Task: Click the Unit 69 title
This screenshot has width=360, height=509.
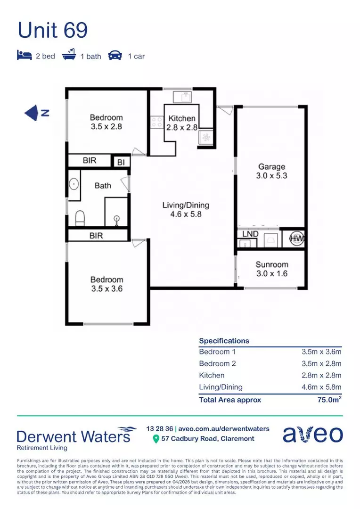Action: pyautogui.click(x=52, y=31)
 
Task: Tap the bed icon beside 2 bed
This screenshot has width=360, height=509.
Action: pyautogui.click(x=24, y=56)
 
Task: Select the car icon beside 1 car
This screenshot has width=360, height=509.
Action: pyautogui.click(x=115, y=56)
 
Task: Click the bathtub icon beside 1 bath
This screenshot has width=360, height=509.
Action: pyautogui.click(x=69, y=56)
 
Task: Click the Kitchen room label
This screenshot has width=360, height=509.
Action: pyautogui.click(x=182, y=119)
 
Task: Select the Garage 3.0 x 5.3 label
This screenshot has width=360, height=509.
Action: pyautogui.click(x=272, y=171)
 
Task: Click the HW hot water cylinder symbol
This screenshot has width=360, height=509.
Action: pyautogui.click(x=296, y=239)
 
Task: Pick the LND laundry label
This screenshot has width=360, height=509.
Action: pyautogui.click(x=250, y=234)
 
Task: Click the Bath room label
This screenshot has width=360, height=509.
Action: pyautogui.click(x=103, y=186)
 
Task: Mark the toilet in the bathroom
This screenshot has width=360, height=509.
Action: pyautogui.click(x=80, y=218)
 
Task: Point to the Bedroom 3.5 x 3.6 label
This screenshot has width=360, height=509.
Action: pyautogui.click(x=107, y=284)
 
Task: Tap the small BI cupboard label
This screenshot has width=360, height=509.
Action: pyautogui.click(x=121, y=162)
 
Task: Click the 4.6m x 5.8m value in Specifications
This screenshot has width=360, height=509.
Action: pyautogui.click(x=321, y=387)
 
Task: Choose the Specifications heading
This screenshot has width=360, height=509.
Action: pyautogui.click(x=224, y=341)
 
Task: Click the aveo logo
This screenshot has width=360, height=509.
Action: pyautogui.click(x=312, y=435)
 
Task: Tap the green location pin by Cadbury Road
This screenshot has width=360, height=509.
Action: pyautogui.click(x=155, y=439)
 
